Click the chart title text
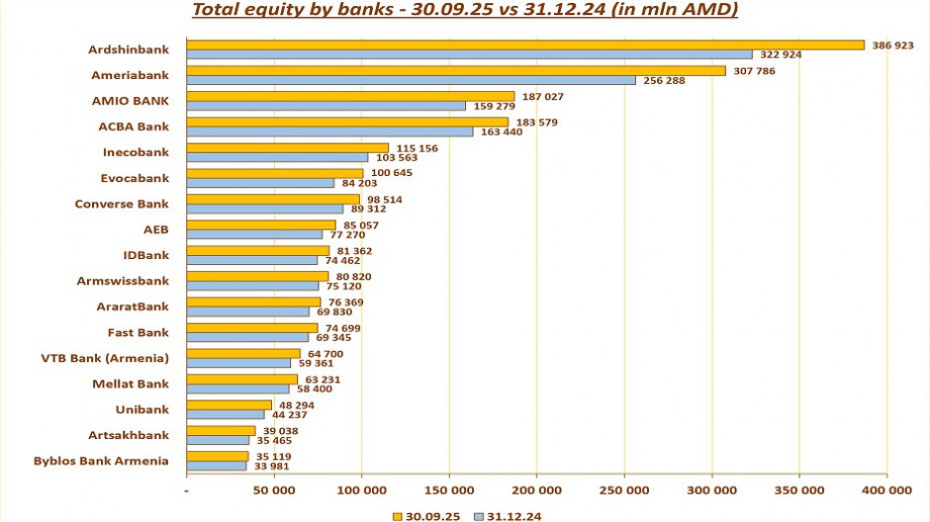464,11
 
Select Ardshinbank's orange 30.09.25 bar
524,44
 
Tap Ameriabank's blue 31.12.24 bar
411,80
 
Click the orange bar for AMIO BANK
350,96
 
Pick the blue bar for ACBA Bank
329,131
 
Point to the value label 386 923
892,44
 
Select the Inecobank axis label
136,152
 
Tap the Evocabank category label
135,178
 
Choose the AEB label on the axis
156,229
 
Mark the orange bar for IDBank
257,250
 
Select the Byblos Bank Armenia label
102,461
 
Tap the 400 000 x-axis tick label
885,489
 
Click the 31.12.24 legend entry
510,515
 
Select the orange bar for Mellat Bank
241,379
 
